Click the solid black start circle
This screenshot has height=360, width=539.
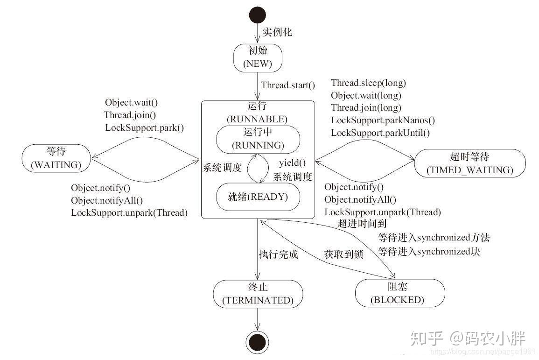[258, 15]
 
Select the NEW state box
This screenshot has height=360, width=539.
[258, 58]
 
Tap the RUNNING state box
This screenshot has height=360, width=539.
[258, 139]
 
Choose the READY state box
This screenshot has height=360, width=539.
[258, 197]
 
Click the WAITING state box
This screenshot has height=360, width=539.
[56, 158]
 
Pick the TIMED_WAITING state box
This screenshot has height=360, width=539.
[470, 163]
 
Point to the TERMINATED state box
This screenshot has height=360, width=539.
[258, 294]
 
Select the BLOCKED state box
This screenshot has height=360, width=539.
[400, 293]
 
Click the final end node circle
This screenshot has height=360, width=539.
[258, 342]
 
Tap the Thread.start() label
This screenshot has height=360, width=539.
[288, 85]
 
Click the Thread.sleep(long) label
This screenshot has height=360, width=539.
[369, 83]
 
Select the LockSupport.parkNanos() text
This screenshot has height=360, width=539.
[383, 120]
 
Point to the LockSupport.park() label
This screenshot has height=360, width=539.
[144, 127]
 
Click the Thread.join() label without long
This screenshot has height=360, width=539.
[130, 115]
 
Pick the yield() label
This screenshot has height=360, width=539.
[292, 162]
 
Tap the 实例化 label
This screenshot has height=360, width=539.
[277, 32]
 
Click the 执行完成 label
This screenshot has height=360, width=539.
[279, 254]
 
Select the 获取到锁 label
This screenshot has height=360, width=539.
[343, 254]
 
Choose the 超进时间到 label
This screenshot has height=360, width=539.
[362, 224]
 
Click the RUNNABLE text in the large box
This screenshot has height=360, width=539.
[257, 120]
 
